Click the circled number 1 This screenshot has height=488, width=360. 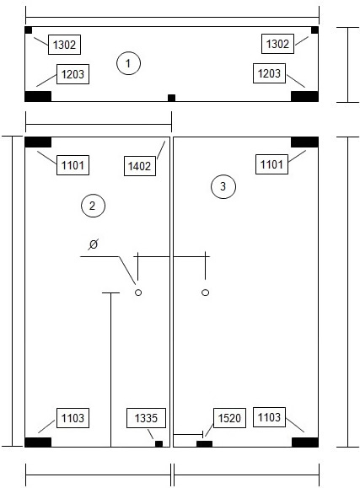click(x=128, y=63)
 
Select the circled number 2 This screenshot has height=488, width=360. click(x=93, y=206)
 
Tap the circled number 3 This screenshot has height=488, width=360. click(x=223, y=186)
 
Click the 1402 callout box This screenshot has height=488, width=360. click(x=140, y=166)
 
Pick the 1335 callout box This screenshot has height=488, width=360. click(x=146, y=418)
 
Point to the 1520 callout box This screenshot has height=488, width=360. click(x=229, y=418)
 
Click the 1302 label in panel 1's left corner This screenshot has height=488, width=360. click(x=64, y=45)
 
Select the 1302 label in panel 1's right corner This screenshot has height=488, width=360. click(x=277, y=44)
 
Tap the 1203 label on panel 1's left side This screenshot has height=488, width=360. click(x=73, y=74)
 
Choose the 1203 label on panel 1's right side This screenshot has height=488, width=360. click(x=269, y=73)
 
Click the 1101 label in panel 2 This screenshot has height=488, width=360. click(x=73, y=165)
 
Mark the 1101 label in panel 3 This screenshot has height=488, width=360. click(x=271, y=164)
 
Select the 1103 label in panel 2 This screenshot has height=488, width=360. click(x=73, y=418)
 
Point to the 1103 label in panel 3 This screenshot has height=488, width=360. click(x=269, y=417)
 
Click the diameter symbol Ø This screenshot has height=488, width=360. click(x=93, y=244)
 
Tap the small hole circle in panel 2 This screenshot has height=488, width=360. click(x=138, y=292)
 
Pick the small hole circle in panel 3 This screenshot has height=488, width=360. click(x=205, y=292)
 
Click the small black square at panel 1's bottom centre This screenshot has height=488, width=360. click(x=172, y=98)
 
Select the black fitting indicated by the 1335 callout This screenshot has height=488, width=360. click(x=159, y=444)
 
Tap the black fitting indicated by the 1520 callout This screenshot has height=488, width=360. click(x=204, y=444)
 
